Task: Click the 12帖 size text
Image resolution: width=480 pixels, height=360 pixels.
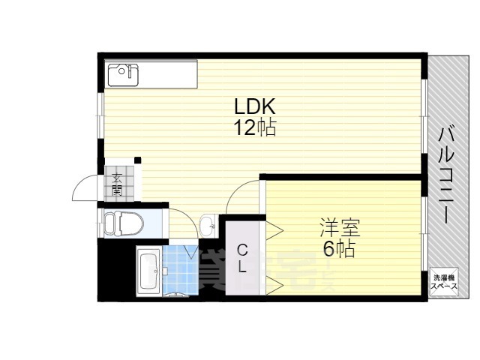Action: pyautogui.click(x=255, y=128)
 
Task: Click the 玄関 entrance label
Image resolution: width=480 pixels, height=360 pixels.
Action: pyautogui.click(x=118, y=184)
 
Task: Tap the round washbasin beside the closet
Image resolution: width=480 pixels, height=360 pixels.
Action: pyautogui.click(x=208, y=223)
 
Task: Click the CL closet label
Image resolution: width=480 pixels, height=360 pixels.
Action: pyautogui.click(x=242, y=257)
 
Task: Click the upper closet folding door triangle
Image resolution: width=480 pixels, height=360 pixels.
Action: pyautogui.click(x=273, y=227)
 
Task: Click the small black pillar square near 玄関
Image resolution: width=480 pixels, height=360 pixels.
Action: pyautogui.click(x=137, y=160)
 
